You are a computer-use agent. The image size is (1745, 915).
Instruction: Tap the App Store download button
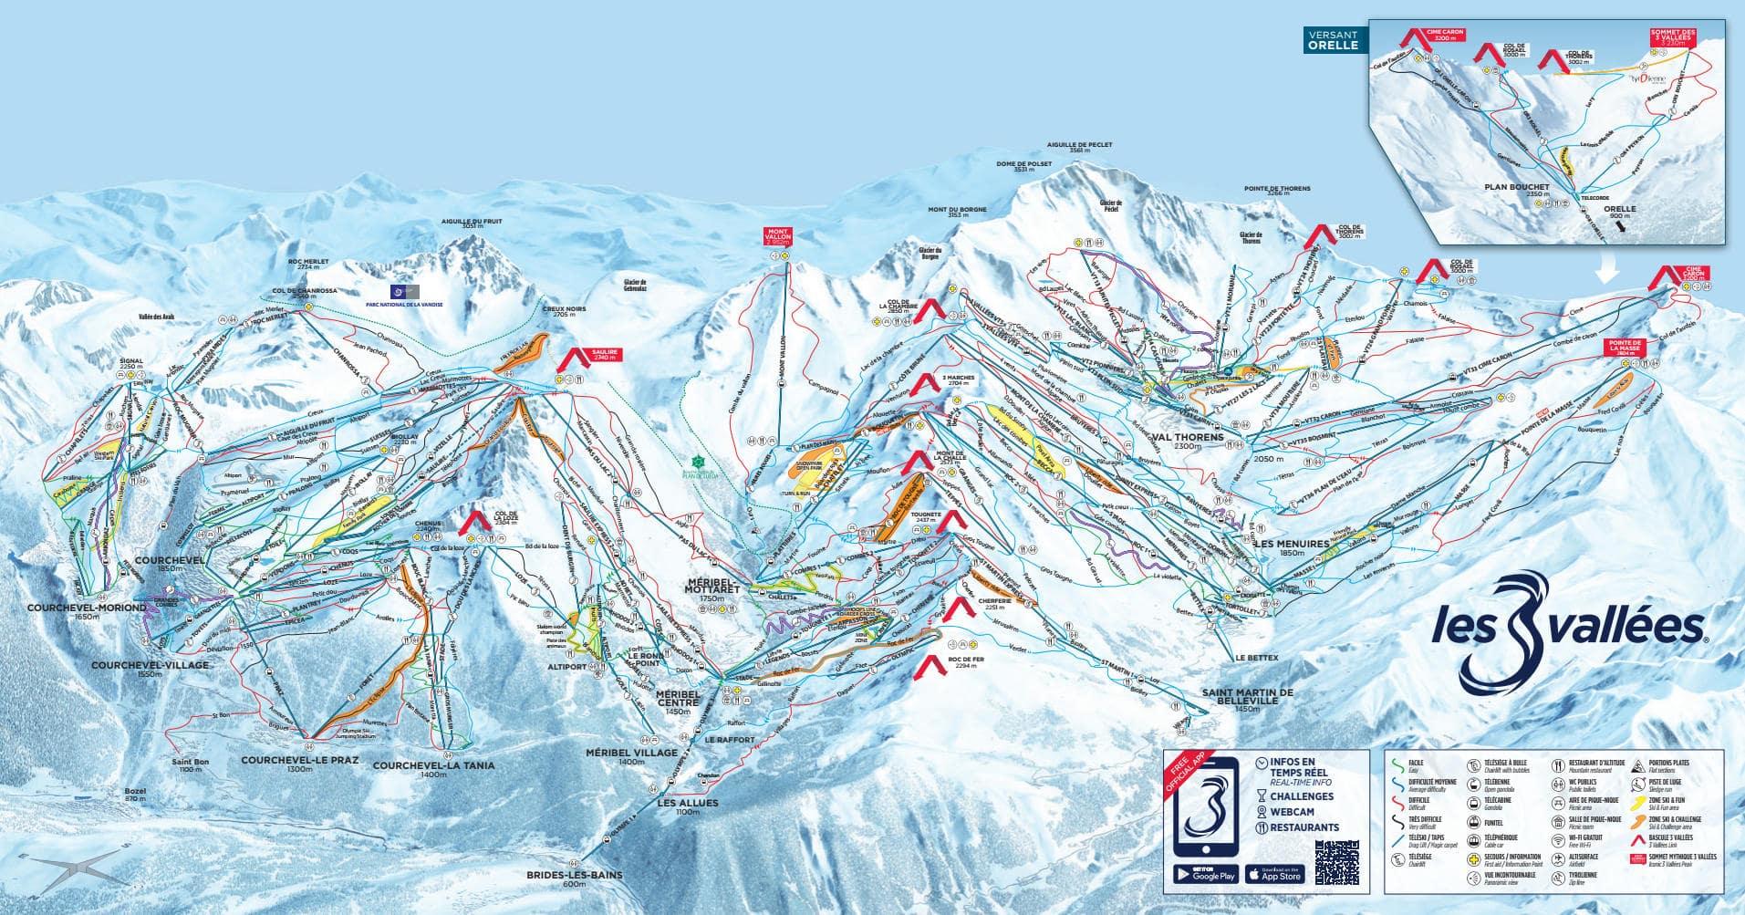click(1275, 873)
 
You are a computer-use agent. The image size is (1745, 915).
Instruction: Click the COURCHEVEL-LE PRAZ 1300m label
click(299, 764)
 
